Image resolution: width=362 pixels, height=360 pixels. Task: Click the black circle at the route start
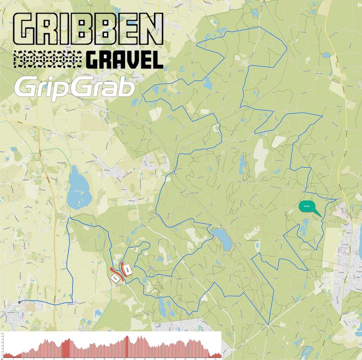[x=19, y=302]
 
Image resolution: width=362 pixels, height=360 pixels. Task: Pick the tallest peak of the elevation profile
[x=127, y=336]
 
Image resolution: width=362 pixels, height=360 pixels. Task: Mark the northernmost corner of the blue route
[x=259, y=27]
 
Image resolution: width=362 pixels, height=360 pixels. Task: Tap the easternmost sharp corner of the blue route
[x=336, y=199]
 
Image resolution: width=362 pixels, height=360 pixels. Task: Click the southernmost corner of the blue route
[x=268, y=325]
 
